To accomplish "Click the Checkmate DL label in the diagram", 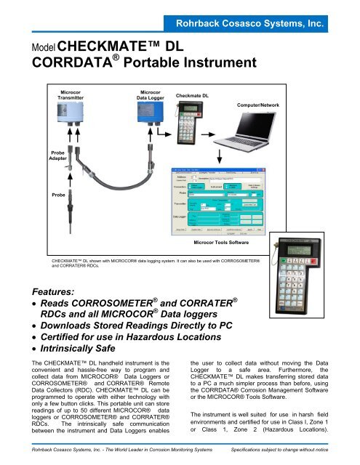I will click(x=193, y=96).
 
